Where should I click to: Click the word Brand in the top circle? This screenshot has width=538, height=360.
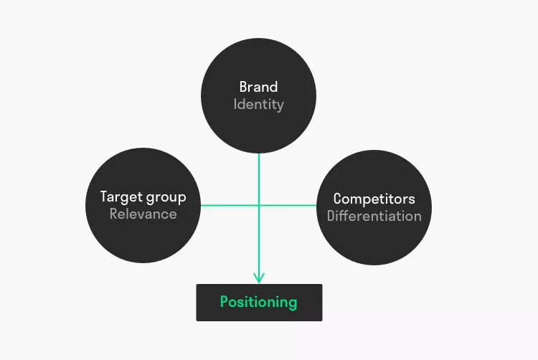click(258, 87)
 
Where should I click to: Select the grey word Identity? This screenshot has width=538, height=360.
click(258, 105)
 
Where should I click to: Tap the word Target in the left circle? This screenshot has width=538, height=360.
click(118, 196)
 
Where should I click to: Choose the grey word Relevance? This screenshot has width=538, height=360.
click(143, 214)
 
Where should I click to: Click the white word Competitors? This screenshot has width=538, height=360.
click(374, 199)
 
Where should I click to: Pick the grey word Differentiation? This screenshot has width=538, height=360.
click(374, 215)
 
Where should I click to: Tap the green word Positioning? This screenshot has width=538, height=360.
click(258, 302)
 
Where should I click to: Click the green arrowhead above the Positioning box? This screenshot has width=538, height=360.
click(259, 278)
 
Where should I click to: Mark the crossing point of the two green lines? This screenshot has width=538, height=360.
click(259, 205)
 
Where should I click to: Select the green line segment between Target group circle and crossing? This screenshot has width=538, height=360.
click(230, 205)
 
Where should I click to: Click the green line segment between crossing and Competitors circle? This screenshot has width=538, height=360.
click(287, 205)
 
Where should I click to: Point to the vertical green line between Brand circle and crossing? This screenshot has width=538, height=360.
click(259, 179)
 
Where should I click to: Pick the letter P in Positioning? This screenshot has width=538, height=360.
click(224, 301)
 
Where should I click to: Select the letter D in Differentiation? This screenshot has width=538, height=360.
click(331, 215)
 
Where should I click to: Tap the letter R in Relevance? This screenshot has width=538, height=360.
click(113, 214)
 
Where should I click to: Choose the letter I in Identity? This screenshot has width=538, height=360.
click(236, 105)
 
